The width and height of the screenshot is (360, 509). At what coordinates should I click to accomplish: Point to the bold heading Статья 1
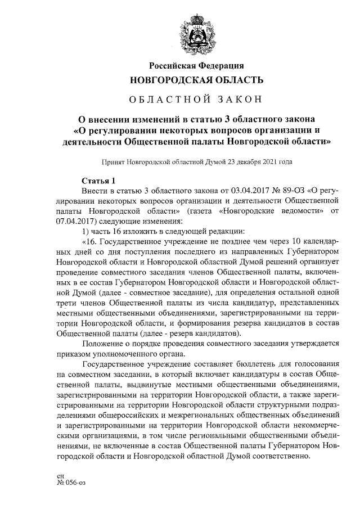[x=98, y=181]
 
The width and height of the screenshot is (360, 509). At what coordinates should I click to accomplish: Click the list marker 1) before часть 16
[x=85, y=231]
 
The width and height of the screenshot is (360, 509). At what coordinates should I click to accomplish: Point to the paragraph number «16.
[x=89, y=241]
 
